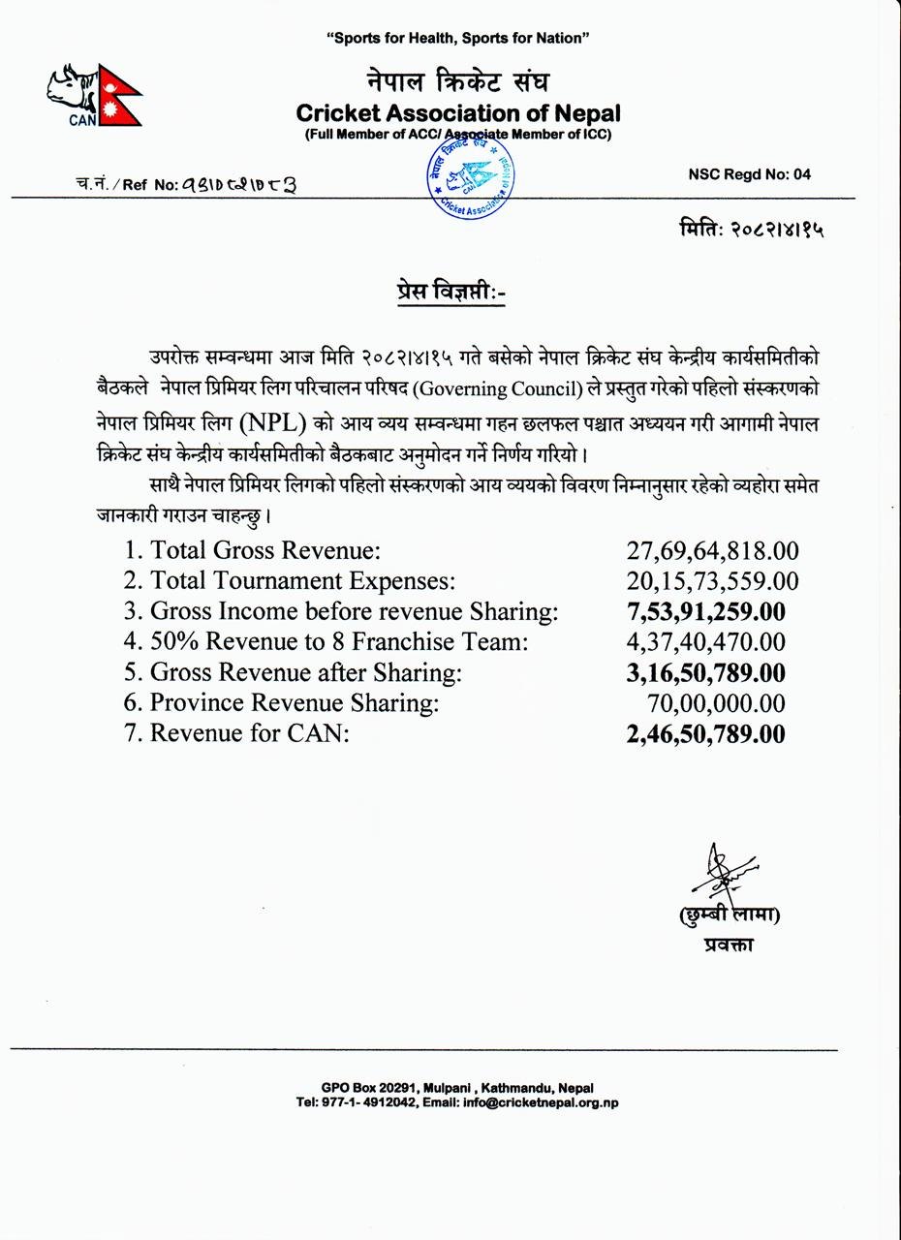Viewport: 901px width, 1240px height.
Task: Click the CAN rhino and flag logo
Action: tap(94, 95)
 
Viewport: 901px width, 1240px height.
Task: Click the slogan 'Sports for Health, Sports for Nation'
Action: tap(458, 38)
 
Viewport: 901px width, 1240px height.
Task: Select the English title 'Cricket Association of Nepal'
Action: tap(458, 112)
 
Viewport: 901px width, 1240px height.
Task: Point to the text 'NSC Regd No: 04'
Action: tap(750, 174)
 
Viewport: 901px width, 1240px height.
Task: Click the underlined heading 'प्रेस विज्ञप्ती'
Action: tap(451, 293)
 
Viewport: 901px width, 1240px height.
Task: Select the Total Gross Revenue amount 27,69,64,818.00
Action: tap(712, 551)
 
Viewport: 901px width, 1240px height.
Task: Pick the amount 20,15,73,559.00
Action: tap(712, 581)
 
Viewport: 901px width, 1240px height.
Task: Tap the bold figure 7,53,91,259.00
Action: tap(705, 611)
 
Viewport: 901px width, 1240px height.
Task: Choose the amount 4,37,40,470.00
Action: tap(705, 642)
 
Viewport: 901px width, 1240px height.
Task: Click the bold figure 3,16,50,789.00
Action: tap(705, 672)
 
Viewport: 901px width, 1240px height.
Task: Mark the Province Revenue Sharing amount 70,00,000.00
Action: tap(715, 703)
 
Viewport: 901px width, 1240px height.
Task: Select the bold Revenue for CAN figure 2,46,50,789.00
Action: tap(705, 733)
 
